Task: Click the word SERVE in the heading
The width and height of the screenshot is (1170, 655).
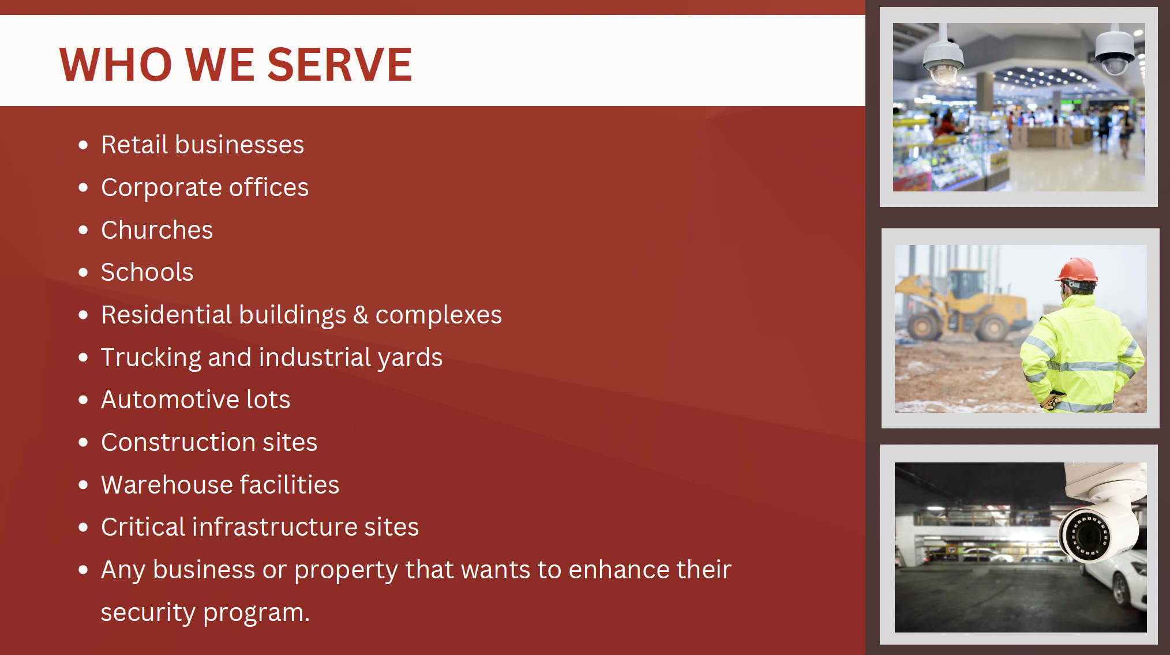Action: [x=340, y=65]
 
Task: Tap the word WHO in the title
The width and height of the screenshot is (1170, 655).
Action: [x=116, y=65]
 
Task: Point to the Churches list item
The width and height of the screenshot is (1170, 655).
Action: [x=157, y=230]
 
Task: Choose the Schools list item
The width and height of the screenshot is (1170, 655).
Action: [x=147, y=272]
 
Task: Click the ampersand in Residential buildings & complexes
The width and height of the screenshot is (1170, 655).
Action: [x=361, y=315]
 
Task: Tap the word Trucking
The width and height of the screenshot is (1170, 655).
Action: [x=151, y=358]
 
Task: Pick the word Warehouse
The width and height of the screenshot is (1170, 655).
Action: [x=167, y=485]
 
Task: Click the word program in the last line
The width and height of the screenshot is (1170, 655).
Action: [x=257, y=613]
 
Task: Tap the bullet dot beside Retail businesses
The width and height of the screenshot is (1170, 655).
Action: [x=83, y=145]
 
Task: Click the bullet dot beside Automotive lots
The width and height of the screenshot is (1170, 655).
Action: [x=83, y=400]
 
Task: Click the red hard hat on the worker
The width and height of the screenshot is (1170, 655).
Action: [x=1078, y=270]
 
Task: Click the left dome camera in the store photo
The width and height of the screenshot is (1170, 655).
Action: [x=943, y=58]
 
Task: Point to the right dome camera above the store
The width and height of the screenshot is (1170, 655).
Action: [x=1115, y=51]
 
